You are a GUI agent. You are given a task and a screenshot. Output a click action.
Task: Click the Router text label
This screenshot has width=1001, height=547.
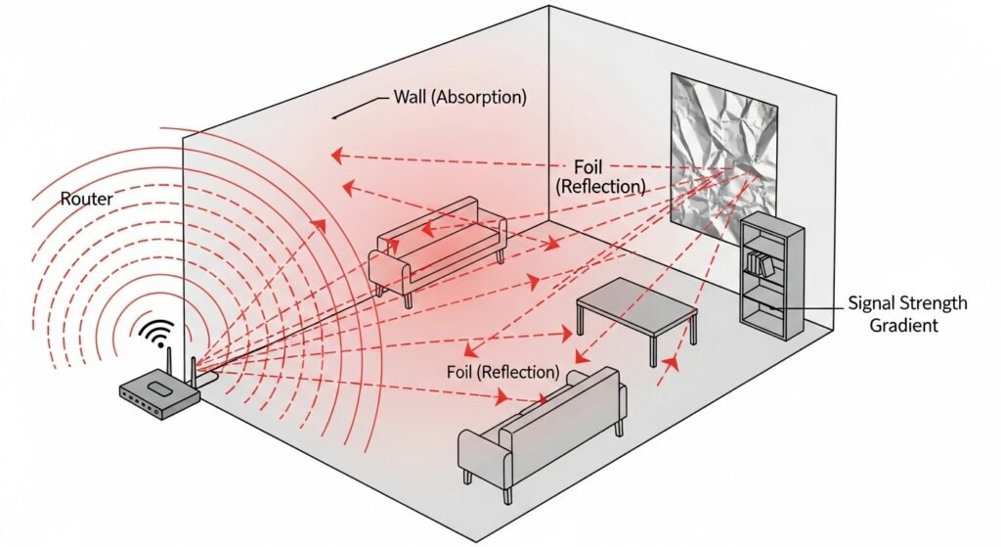[x=87, y=200]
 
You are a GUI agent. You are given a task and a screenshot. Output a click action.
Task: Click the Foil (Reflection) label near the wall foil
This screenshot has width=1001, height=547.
[x=599, y=175]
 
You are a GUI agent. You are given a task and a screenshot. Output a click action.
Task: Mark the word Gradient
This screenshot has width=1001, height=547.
[x=904, y=325]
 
